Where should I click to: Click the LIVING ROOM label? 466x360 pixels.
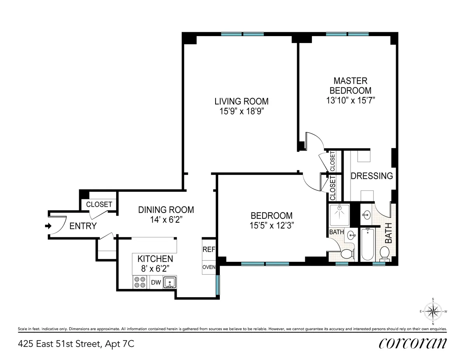click(241, 101)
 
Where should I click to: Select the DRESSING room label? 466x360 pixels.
click(372, 176)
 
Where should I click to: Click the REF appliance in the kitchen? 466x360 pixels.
click(209, 249)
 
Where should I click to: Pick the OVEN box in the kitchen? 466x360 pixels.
click(209, 267)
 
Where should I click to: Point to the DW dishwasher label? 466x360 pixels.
click(156, 283)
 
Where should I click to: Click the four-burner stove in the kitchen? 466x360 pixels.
click(140, 282)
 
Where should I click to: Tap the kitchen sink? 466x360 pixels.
click(170, 282)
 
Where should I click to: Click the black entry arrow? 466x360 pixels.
click(48, 226)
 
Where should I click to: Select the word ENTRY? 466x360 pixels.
click(83, 226)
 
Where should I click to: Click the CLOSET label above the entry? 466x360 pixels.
click(99, 204)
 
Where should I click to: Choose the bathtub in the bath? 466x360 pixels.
click(367, 244)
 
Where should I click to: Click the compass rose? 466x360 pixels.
click(433, 311)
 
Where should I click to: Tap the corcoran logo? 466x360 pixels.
click(412, 343)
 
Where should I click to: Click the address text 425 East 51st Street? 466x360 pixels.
click(76, 344)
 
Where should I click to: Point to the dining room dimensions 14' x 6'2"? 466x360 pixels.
click(166, 219)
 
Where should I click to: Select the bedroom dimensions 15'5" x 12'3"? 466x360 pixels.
click(271, 225)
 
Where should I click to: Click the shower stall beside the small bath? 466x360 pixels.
click(339, 215)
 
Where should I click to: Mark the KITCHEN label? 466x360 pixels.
click(155, 259)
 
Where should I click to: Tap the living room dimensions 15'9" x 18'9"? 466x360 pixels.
click(241, 111)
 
